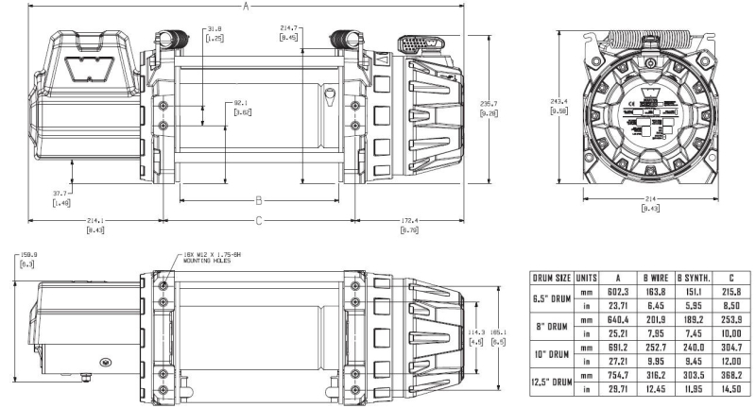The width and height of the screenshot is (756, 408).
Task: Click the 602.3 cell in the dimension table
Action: (x=616, y=293)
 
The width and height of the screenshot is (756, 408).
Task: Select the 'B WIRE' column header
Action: (x=654, y=278)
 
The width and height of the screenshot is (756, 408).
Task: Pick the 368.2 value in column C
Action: (x=731, y=376)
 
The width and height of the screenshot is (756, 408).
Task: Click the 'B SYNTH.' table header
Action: (x=693, y=278)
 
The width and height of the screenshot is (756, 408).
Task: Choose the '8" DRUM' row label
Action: (x=553, y=327)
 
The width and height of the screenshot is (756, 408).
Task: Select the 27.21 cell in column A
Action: (x=616, y=362)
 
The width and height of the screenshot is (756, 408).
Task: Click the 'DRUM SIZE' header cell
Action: (x=553, y=278)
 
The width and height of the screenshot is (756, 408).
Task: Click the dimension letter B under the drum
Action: (x=257, y=200)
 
